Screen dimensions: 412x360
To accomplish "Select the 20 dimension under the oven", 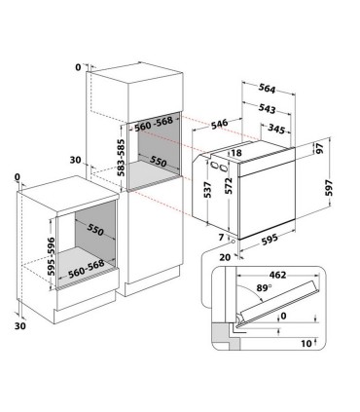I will (x=226, y=257).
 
